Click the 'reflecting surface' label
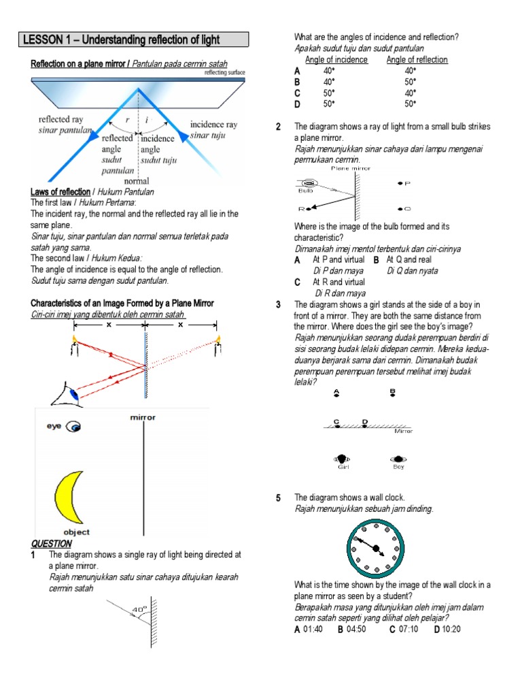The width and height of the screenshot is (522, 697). [x=224, y=71]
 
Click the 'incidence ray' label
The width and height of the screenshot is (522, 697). [x=213, y=125]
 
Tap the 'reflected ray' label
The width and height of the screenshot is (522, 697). [x=60, y=120]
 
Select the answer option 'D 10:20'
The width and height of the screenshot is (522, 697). [x=447, y=629]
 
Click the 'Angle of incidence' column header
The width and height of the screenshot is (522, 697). [x=336, y=60]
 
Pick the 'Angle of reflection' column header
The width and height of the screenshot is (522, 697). [x=417, y=60]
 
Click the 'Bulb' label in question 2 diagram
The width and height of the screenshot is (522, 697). [x=306, y=191]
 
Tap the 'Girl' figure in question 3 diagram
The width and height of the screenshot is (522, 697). [x=343, y=459]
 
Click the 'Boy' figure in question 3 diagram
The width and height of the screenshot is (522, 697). [x=398, y=459]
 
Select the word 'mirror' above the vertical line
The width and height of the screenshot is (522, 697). [x=143, y=417]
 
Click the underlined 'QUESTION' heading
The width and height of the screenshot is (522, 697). [x=51, y=543]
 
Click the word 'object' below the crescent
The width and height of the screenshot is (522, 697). [x=76, y=532]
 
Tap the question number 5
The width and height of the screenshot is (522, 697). [x=279, y=498]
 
